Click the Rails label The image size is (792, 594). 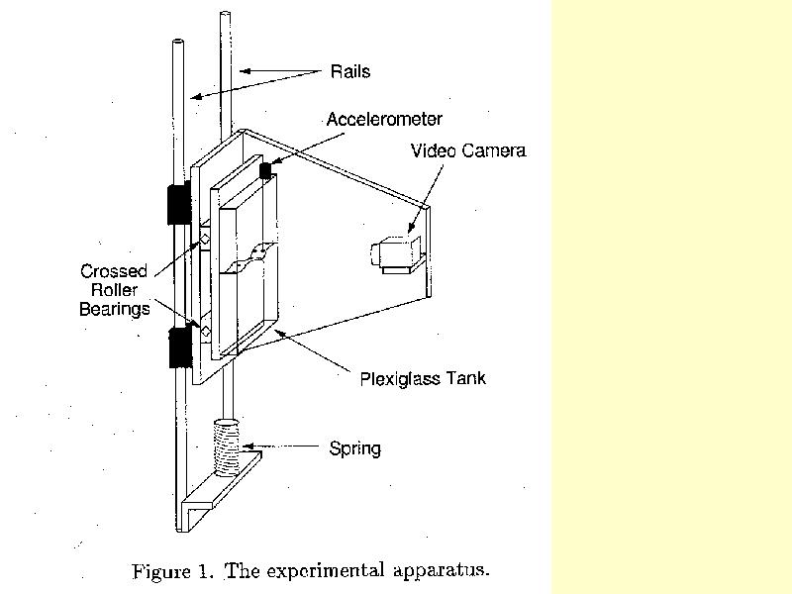350,71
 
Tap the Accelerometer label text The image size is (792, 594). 384,119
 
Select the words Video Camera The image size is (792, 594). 468,150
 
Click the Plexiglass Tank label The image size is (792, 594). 423,379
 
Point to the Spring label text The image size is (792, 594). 355,448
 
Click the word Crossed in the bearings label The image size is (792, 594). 114,271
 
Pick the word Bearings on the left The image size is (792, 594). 115,309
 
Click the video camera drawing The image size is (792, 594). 396,255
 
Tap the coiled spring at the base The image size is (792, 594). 227,447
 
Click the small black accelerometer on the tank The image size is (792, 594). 265,170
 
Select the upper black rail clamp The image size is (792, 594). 179,204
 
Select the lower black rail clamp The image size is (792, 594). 180,347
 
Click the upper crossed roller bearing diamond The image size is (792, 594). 205,239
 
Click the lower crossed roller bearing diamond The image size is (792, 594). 206,332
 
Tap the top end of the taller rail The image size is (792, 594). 226,13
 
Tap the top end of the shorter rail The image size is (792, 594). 177,42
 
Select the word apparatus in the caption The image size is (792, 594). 441,570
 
